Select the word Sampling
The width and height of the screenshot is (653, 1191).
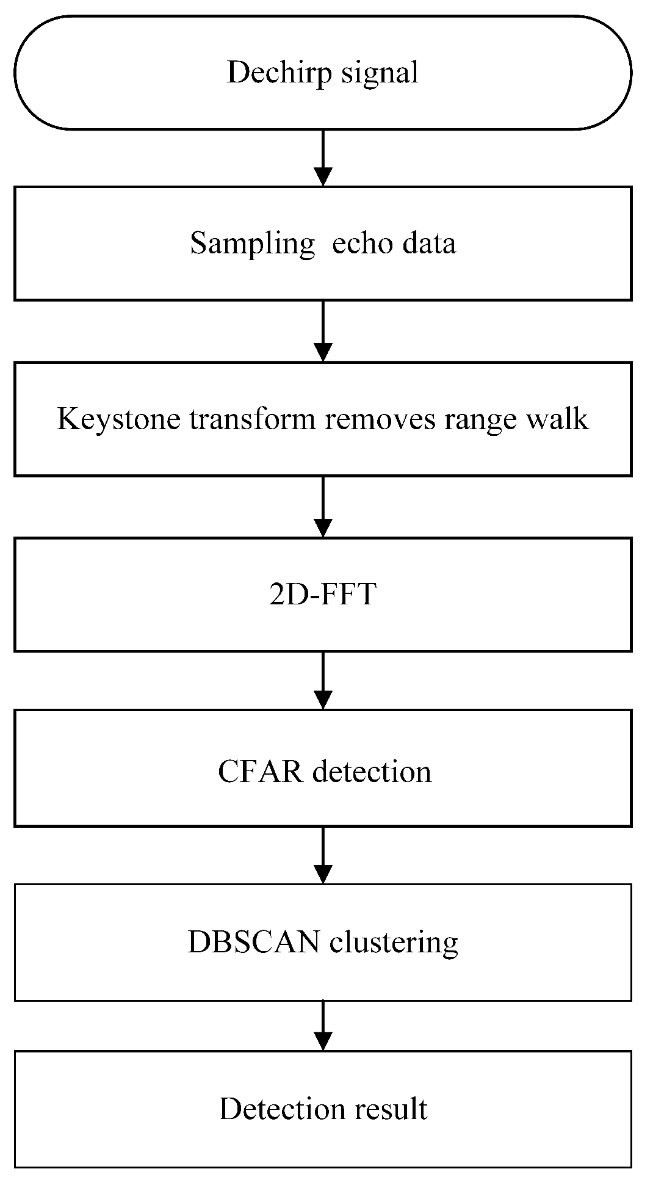tap(251, 244)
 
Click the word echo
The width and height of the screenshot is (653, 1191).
tap(353, 244)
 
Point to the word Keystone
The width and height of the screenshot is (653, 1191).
tap(118, 419)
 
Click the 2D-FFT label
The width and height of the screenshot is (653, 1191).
tap(322, 594)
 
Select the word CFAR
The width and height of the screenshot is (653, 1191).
tap(260, 772)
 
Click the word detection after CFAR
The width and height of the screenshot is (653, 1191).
tap(372, 772)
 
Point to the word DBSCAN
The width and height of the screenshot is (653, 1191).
tap(253, 942)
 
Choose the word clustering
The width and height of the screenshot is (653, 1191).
tap(394, 942)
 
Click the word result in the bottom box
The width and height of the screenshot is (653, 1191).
tap(391, 1109)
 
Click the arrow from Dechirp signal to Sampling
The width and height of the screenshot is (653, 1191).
tap(323, 157)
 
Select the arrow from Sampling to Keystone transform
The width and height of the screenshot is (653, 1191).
tap(323, 331)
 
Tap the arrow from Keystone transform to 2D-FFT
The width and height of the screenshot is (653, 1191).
tap(323, 507)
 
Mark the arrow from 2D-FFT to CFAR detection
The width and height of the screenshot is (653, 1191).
tap(323, 680)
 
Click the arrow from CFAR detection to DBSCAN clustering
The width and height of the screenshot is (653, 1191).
tap(323, 855)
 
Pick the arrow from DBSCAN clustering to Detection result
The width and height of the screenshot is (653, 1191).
tap(323, 1026)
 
